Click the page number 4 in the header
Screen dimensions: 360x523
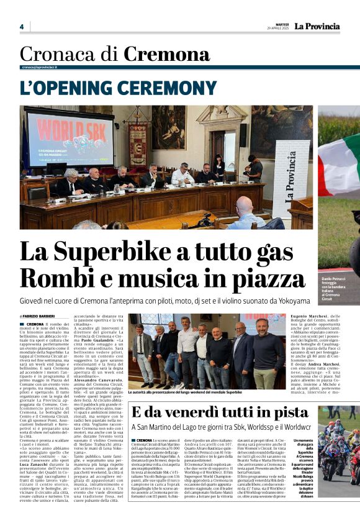click(x=21, y=27)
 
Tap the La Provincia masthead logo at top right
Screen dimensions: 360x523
click(x=317, y=26)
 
